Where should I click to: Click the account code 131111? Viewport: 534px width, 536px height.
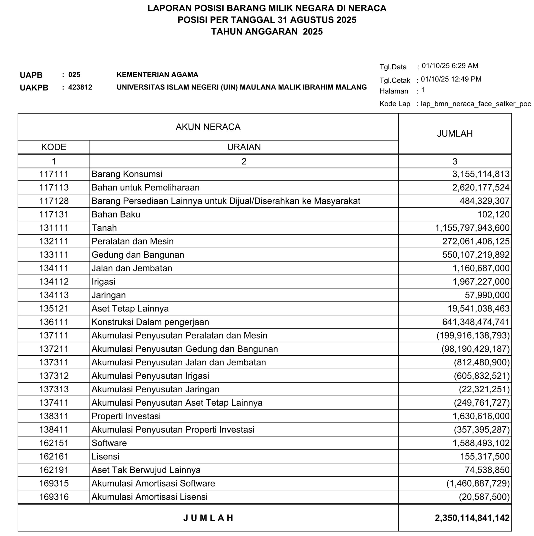tap(54, 228)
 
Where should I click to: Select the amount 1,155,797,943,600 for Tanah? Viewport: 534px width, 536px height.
tap(472, 228)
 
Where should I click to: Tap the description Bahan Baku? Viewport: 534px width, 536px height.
tap(116, 214)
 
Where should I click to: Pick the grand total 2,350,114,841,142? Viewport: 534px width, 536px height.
tap(472, 518)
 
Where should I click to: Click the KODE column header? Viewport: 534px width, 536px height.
tap(54, 147)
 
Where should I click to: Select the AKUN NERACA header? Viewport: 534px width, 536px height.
tap(208, 127)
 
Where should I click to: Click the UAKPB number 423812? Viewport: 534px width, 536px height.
tap(80, 87)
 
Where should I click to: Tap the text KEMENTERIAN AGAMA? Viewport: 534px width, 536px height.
tap(157, 75)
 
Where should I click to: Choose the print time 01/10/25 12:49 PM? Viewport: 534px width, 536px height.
tap(451, 79)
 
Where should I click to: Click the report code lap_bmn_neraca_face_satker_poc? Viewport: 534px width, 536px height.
tap(476, 104)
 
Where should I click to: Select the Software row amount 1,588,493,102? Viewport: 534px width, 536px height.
tap(481, 443)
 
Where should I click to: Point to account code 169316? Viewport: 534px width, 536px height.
tap(54, 496)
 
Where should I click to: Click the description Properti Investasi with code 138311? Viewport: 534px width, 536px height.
tap(126, 416)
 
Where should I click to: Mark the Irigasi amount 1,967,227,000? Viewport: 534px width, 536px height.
tap(481, 282)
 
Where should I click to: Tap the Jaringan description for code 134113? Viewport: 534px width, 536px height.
tap(108, 295)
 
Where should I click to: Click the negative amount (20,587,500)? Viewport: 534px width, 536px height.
tap(484, 496)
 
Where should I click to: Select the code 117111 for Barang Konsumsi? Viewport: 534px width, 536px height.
tap(54, 174)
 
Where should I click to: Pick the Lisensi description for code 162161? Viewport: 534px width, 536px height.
tap(106, 456)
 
